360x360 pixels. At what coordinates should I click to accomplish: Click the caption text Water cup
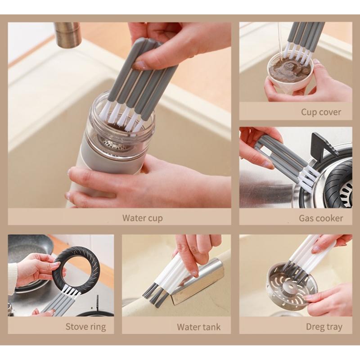coord(142,218)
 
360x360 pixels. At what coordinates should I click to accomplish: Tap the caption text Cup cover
coord(321,112)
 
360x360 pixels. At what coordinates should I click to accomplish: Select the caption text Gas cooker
coord(321,218)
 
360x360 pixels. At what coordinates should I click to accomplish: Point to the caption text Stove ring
coord(85,327)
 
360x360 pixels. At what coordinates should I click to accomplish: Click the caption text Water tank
coord(198,327)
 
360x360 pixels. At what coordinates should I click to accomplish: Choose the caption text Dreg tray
coord(324,327)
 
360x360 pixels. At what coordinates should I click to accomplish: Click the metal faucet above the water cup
coord(67,33)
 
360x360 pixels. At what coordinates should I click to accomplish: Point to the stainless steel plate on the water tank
coord(198,281)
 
